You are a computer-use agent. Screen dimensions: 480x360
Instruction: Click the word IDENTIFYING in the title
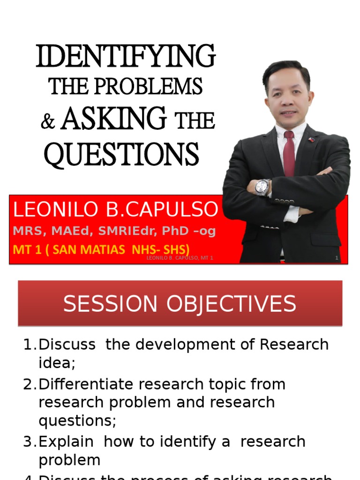[x=126, y=56]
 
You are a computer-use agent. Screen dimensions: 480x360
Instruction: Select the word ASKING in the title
[x=113, y=118]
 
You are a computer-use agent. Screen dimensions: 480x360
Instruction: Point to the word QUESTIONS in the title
[x=121, y=154]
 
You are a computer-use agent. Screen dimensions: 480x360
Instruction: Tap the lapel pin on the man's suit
[x=310, y=139]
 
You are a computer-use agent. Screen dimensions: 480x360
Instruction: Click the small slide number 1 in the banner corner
[x=337, y=258]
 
